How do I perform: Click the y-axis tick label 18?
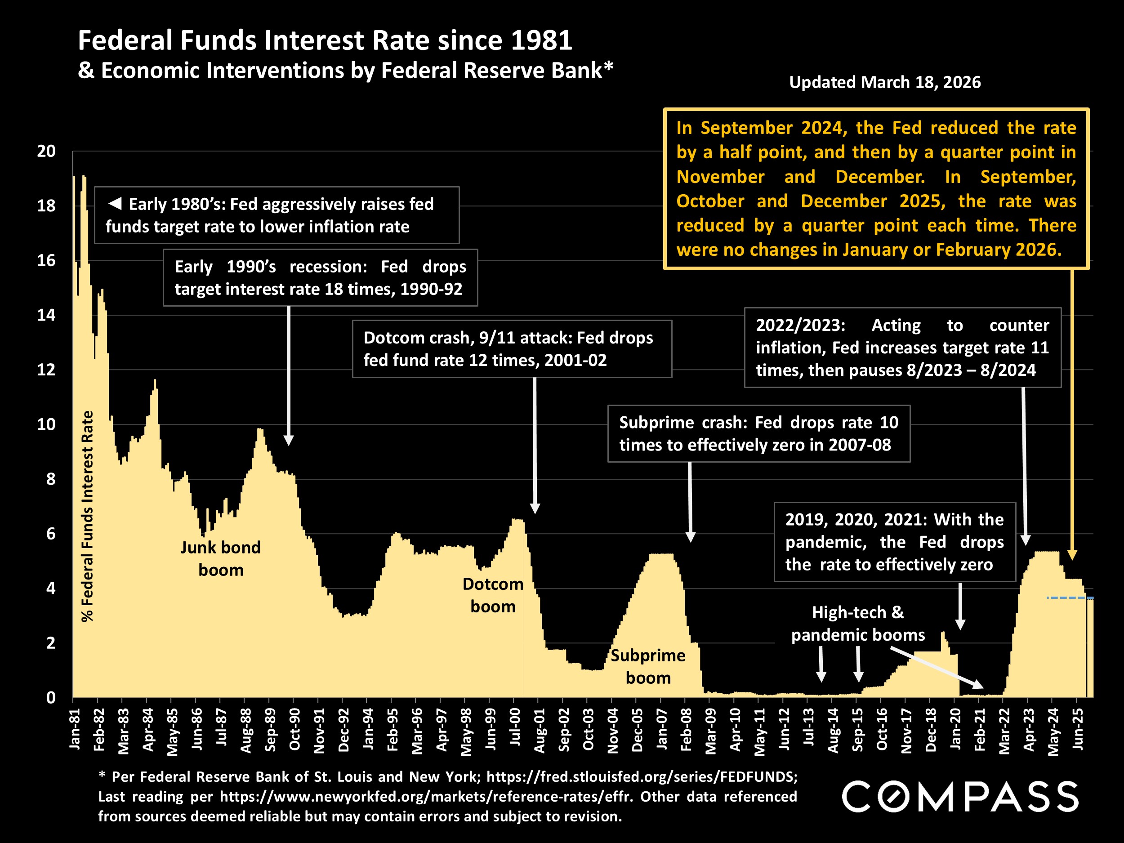pyautogui.click(x=46, y=206)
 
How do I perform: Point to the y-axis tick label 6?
pyautogui.click(x=50, y=534)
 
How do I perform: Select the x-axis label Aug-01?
pyautogui.click(x=539, y=730)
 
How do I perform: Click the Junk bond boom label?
pyautogui.click(x=221, y=558)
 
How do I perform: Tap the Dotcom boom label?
pyautogui.click(x=492, y=595)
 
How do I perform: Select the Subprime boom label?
pyautogui.click(x=648, y=666)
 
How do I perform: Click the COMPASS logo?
pyautogui.click(x=960, y=797)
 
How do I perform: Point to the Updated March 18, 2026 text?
pyautogui.click(x=885, y=82)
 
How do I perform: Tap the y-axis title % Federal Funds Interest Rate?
pyautogui.click(x=87, y=516)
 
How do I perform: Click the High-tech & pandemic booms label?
pyautogui.click(x=858, y=624)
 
